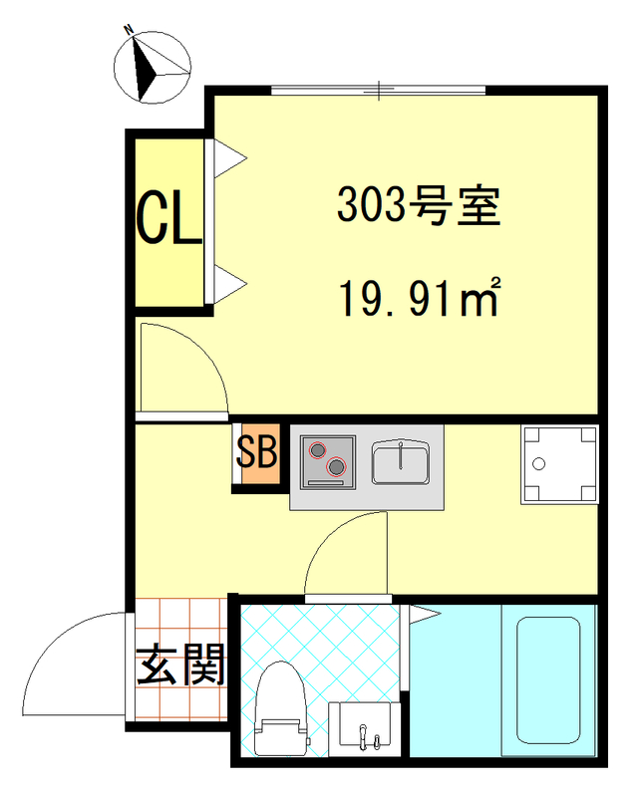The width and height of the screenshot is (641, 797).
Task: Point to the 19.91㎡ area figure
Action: point(419,296)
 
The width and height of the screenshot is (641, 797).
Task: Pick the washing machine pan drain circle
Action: point(539,463)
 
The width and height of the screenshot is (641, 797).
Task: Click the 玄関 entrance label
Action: point(180,665)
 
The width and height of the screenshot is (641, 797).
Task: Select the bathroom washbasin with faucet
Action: point(363,724)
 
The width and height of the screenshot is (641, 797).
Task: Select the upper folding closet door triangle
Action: point(228,154)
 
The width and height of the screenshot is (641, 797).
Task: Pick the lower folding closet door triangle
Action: point(228,283)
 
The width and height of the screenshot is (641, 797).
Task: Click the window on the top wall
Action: point(379,91)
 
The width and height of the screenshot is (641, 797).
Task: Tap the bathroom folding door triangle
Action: point(422,614)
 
